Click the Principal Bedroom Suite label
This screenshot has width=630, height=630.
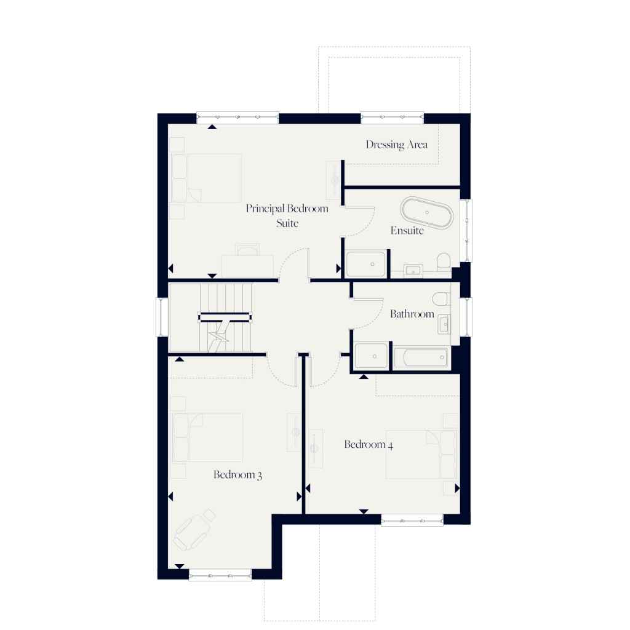coord(287,215)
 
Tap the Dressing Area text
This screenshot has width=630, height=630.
coord(396,145)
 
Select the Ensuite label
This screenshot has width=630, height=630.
coord(407,231)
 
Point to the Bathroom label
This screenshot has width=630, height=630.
coord(412,314)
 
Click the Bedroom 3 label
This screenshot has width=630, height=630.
coord(237,475)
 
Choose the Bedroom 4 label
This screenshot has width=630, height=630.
coord(369,445)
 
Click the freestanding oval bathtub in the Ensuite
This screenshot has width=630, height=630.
coord(428,213)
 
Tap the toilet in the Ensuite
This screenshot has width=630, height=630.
coord(442,263)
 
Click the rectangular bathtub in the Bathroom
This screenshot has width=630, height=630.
coord(421,357)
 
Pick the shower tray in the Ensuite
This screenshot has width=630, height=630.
coord(366,264)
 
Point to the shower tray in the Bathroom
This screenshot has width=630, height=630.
coord(372,356)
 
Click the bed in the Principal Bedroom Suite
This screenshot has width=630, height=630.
coord(205,178)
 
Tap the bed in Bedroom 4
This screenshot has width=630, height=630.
coord(421,454)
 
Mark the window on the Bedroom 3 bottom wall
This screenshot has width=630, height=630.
coord(220,575)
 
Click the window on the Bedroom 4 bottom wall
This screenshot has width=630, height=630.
coord(412,520)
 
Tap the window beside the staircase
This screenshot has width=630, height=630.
coord(162,317)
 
